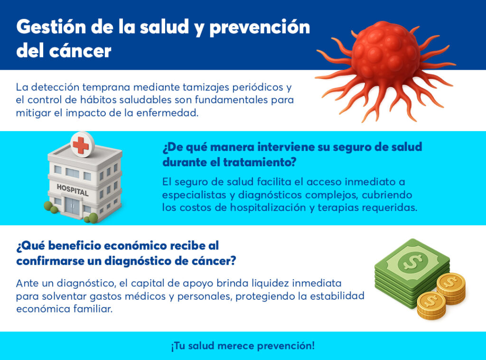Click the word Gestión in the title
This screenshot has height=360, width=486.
51,27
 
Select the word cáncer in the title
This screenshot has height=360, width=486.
80,51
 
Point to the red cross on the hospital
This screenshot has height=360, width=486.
82,145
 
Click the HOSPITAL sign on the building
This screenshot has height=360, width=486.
73,190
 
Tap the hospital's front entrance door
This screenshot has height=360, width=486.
72,205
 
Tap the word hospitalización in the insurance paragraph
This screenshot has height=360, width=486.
268,208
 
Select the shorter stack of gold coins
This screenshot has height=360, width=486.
431,305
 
